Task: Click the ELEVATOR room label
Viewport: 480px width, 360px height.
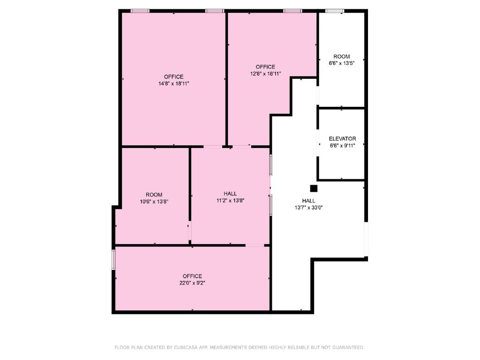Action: tap(342, 139)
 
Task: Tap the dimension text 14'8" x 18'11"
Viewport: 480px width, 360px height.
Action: tap(173, 83)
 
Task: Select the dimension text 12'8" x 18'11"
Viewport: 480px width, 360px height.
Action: tap(265, 74)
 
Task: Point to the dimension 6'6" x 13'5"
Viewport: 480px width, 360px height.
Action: tap(341, 63)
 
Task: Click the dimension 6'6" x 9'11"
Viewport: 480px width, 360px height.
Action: tap(342, 146)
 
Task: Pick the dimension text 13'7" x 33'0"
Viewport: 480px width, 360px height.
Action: tap(308, 207)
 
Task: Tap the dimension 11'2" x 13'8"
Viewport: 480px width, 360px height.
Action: tap(230, 200)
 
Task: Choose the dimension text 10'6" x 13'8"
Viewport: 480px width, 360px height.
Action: tap(154, 202)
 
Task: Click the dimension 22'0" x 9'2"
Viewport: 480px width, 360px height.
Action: tap(192, 283)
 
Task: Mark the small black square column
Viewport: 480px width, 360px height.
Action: tap(314, 188)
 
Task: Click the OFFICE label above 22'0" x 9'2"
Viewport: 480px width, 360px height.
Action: tap(192, 276)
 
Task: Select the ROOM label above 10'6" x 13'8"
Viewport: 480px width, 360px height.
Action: tap(154, 195)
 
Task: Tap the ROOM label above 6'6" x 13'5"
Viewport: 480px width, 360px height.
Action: tap(341, 57)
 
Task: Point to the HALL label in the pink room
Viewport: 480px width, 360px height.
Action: tap(230, 194)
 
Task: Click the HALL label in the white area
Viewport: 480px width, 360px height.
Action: tap(308, 201)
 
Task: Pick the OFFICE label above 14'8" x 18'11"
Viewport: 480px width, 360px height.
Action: tap(173, 77)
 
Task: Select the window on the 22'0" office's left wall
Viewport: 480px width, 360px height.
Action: tap(113, 259)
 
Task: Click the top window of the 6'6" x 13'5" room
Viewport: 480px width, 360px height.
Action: tap(335, 11)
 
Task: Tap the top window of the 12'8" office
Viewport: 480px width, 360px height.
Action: tap(292, 11)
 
